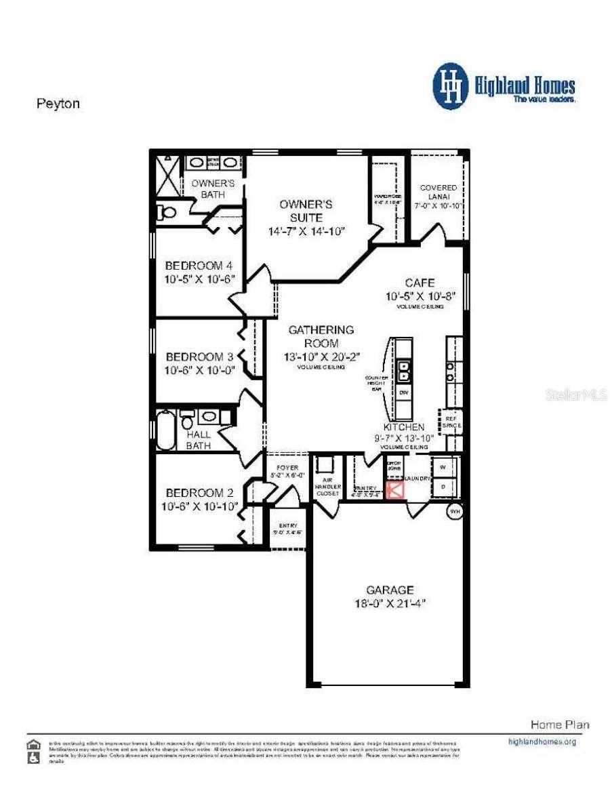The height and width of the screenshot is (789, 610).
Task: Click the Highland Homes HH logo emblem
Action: (x=450, y=86)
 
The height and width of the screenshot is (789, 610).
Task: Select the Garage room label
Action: (x=390, y=590)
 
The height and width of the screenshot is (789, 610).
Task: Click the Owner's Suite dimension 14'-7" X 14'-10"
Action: (x=306, y=231)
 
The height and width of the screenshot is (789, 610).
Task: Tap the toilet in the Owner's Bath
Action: (x=165, y=213)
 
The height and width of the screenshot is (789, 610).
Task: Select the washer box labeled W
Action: (x=443, y=468)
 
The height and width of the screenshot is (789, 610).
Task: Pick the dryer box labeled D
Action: (x=443, y=487)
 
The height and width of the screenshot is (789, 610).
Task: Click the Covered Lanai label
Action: (x=439, y=192)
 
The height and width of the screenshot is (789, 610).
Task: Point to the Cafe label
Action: (x=420, y=283)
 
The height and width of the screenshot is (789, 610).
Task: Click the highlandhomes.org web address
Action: (x=542, y=742)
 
